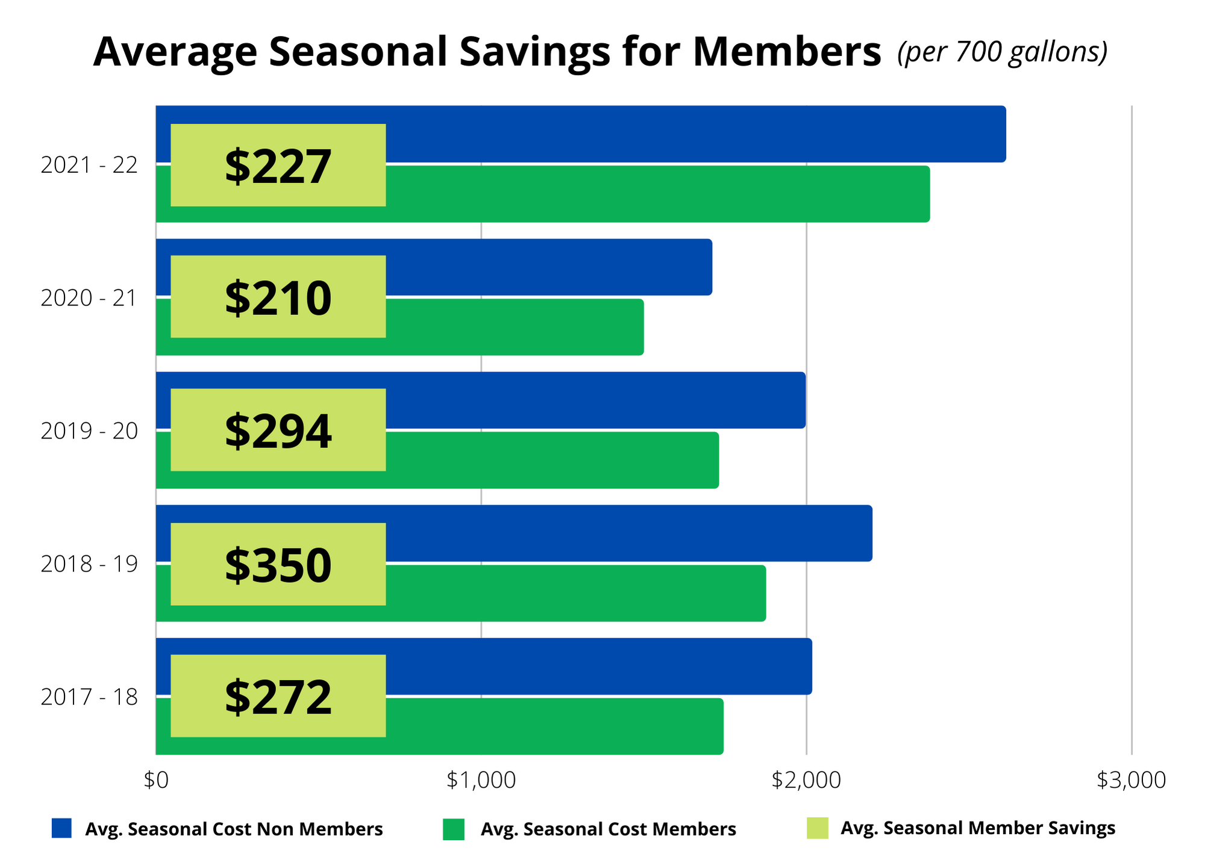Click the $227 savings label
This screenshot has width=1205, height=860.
(278, 166)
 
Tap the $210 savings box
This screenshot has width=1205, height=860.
(278, 297)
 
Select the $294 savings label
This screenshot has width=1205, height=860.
(278, 430)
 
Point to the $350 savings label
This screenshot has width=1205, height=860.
(278, 564)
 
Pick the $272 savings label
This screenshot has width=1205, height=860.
(278, 696)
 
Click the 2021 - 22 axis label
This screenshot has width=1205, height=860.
(89, 165)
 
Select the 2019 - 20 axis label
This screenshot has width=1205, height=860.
(89, 431)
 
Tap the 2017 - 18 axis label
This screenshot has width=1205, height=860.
(89, 697)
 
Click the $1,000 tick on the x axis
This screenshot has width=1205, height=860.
(481, 781)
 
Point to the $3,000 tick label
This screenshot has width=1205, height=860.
(1131, 781)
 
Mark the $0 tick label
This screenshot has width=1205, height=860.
(156, 781)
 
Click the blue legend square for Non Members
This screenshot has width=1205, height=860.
(61, 828)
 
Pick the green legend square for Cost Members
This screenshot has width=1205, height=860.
(453, 829)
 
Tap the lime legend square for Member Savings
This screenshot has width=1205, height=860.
(818, 828)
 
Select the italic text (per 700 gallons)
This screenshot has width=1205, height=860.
(1002, 52)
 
